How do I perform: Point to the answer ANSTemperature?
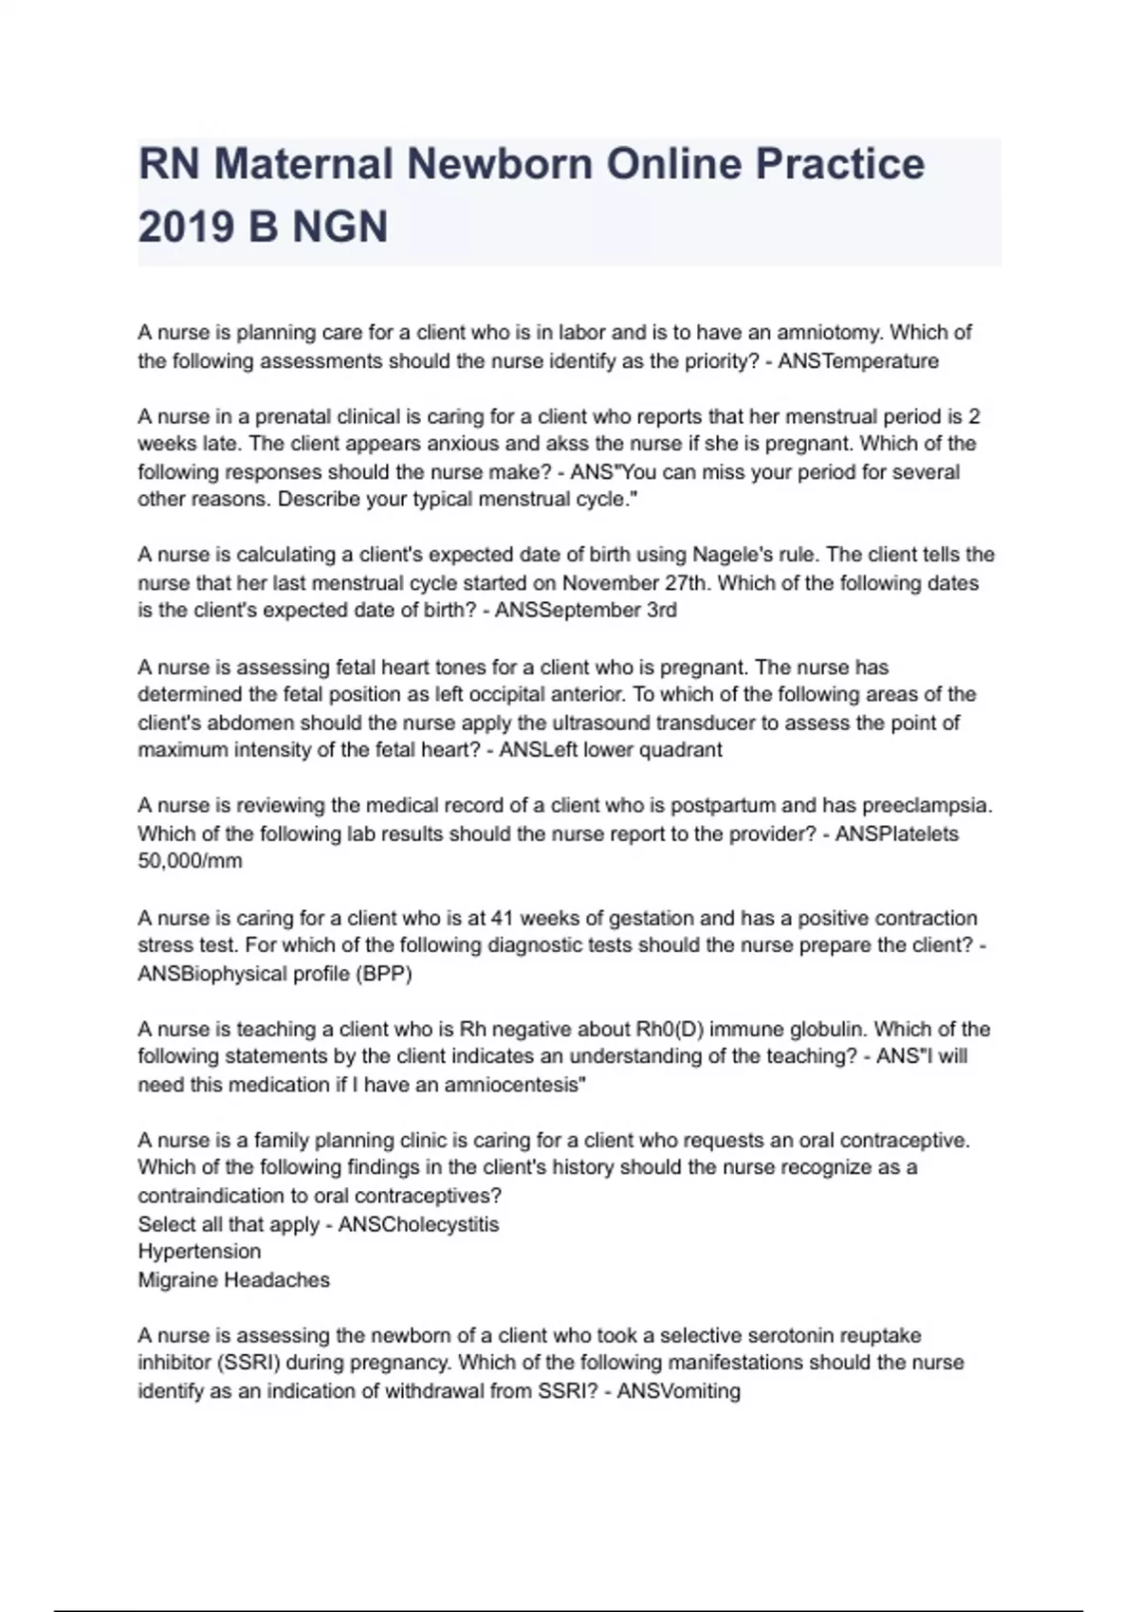click(858, 361)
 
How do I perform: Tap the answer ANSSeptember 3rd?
click(586, 611)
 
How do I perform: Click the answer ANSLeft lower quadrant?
click(611, 750)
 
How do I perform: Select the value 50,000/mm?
click(190, 862)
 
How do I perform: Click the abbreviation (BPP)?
click(384, 974)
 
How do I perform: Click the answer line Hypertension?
click(199, 1252)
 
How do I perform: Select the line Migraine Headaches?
click(233, 1280)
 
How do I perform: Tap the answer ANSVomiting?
click(679, 1392)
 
